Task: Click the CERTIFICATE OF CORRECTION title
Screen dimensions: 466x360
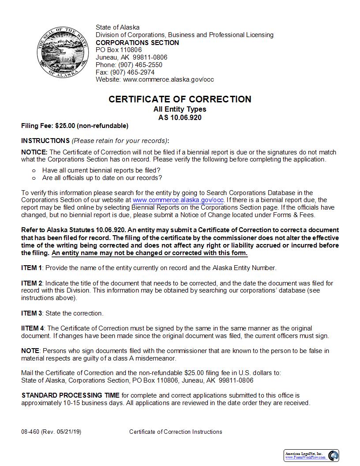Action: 180,99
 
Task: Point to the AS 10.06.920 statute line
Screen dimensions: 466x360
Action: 180,118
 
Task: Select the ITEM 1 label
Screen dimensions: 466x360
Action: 32,268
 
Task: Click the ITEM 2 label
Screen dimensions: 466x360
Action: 32,283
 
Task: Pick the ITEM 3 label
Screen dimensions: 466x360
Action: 32,313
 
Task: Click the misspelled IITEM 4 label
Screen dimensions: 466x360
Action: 33,328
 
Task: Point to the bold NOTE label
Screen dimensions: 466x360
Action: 30,351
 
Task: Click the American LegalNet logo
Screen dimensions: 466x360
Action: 311,455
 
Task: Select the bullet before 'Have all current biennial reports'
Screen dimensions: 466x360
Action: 34,170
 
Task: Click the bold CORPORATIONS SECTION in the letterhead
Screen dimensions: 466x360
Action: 137,43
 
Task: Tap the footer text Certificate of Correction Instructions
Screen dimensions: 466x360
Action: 176,432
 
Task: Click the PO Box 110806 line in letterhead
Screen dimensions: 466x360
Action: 119,50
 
